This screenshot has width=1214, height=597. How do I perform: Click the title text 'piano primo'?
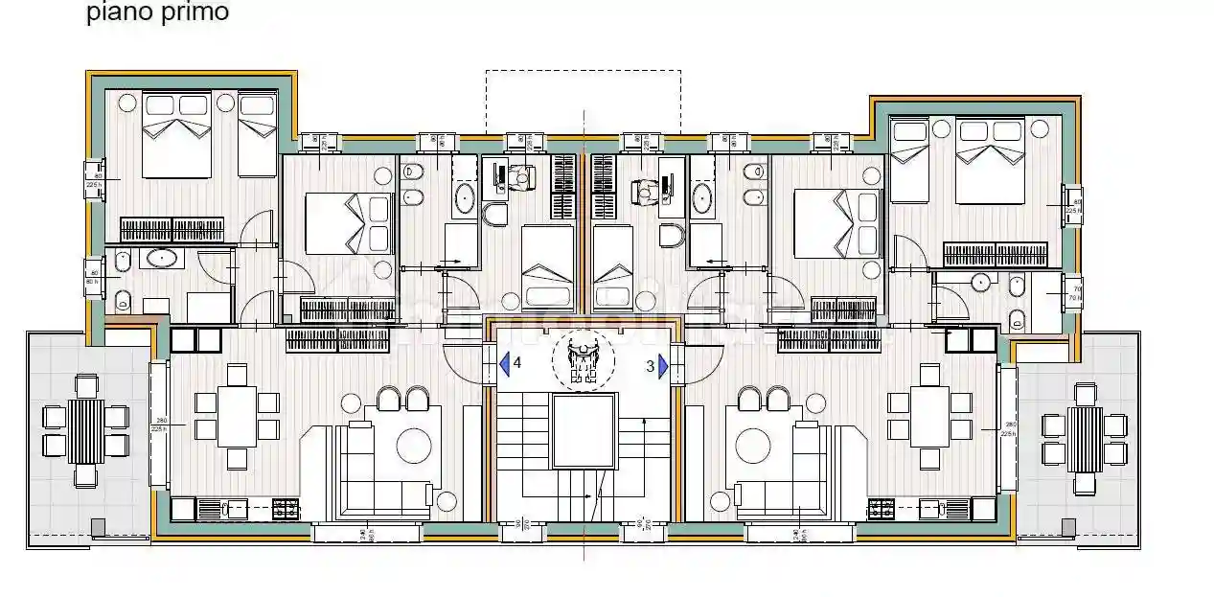(157, 13)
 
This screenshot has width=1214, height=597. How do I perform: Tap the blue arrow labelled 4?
(504, 364)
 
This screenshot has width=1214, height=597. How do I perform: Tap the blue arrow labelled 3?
(662, 365)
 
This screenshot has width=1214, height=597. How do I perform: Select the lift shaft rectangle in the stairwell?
(582, 431)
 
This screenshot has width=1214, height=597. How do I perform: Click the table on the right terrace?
(1086, 439)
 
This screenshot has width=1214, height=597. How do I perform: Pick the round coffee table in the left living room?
(414, 446)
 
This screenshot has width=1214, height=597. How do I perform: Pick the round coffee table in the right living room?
(753, 445)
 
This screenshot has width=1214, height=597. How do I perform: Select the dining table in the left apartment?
(237, 416)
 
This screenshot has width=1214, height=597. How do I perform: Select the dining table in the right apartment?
(929, 416)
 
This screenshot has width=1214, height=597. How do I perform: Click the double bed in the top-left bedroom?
(177, 135)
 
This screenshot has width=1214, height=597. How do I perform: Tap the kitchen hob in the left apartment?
(286, 510)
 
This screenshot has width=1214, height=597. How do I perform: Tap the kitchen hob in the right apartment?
(881, 510)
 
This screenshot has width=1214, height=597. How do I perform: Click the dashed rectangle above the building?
(583, 101)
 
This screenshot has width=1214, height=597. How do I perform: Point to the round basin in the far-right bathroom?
(979, 283)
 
